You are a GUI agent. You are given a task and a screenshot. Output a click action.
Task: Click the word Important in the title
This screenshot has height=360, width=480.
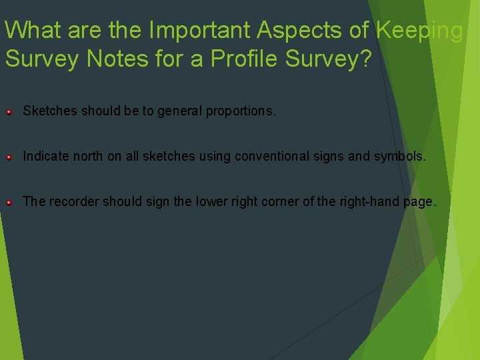pyautogui.click(x=195, y=30)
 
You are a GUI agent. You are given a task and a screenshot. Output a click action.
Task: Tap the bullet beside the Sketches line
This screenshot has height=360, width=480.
pyautogui.click(x=9, y=111)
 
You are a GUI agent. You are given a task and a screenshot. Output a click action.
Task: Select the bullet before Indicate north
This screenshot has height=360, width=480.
pyautogui.click(x=9, y=157)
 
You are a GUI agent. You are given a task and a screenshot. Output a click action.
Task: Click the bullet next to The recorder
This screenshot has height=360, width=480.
pyautogui.click(x=9, y=202)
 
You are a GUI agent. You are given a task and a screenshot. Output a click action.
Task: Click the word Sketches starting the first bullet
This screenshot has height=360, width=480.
pyautogui.click(x=51, y=111)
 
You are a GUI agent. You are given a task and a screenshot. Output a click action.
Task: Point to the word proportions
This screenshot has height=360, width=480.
pyautogui.click(x=240, y=111)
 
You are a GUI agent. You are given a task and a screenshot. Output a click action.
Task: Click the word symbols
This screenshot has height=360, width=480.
pyautogui.click(x=401, y=157)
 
